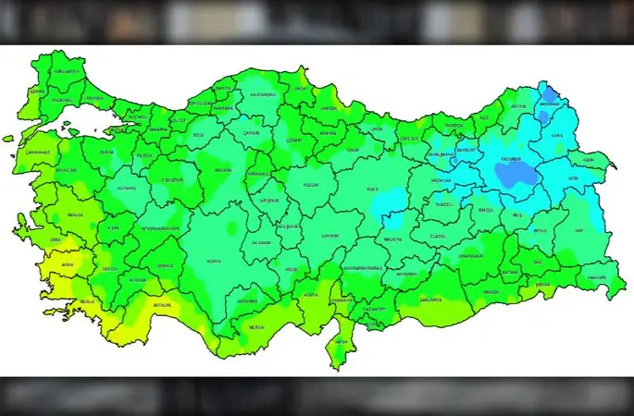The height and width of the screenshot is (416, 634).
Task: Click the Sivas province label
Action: [372, 189]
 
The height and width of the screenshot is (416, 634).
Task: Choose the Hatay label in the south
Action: [342, 340]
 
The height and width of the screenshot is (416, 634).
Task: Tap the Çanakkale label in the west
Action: [38, 153]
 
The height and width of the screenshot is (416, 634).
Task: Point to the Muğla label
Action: [87, 301]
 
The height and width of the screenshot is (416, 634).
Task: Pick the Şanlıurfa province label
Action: [431, 300]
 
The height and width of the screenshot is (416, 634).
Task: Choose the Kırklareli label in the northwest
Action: [65, 71]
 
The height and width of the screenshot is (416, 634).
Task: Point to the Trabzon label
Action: [453, 125]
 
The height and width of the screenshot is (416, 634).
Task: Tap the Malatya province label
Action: [393, 239]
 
